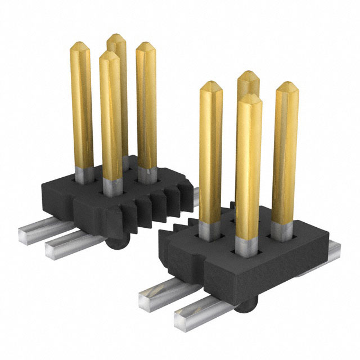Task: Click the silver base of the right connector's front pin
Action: [x=246, y=246]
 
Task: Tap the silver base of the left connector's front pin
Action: [x=111, y=187]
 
